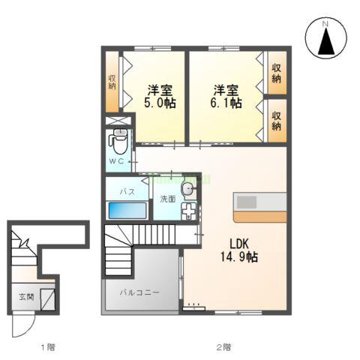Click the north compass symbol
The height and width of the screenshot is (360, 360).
pyautogui.click(x=326, y=39)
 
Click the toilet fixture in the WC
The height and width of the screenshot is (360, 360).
pyautogui.click(x=118, y=140)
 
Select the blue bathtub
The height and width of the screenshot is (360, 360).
pyautogui.click(x=130, y=210)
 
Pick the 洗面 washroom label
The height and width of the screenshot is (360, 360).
pyautogui.click(x=166, y=199)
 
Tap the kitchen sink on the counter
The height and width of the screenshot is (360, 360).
pyautogui.click(x=247, y=202)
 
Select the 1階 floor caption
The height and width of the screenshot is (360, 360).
pyautogui.click(x=47, y=347)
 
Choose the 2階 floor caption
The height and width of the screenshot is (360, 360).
pyautogui.click(x=223, y=347)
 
